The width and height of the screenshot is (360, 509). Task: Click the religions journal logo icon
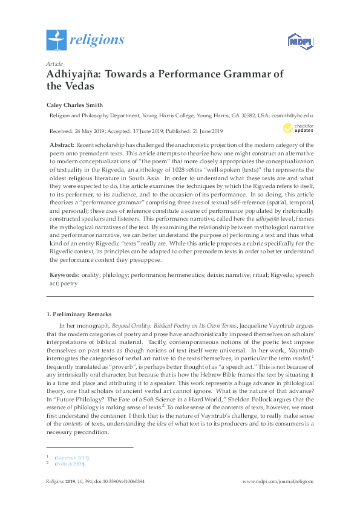point(56,40)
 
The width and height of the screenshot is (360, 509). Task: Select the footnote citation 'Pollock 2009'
point(71,465)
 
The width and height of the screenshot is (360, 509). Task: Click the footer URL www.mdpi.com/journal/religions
point(278,482)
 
